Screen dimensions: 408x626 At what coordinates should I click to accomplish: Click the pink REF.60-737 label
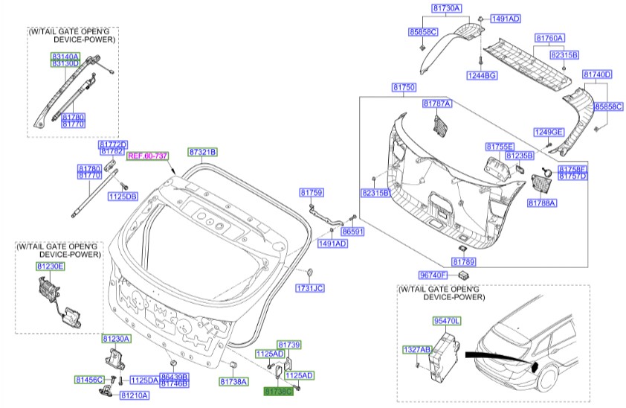148,156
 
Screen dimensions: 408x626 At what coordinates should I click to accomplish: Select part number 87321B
202,152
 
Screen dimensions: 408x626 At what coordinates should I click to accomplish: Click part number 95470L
448,321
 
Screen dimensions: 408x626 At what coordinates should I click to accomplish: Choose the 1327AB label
416,348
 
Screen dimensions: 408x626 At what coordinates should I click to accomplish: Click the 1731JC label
311,288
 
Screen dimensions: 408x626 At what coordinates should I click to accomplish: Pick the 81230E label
51,266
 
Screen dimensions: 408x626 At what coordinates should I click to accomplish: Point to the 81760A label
551,37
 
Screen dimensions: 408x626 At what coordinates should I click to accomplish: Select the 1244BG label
482,75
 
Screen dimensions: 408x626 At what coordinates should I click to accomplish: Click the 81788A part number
543,203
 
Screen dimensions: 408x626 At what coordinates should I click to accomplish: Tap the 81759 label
312,193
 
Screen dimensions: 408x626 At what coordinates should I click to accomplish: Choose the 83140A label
65,57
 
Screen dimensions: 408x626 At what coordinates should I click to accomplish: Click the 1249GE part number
549,132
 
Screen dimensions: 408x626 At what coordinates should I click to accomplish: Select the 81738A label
233,382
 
